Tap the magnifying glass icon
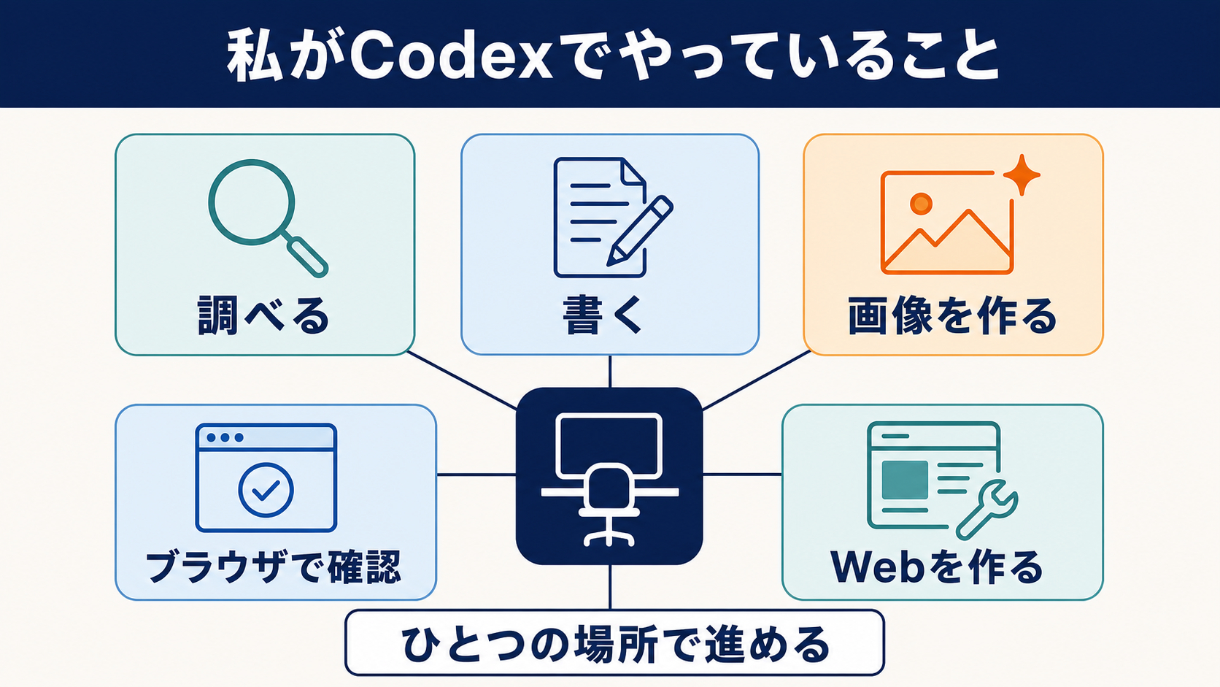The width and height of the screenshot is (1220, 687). [x=252, y=202]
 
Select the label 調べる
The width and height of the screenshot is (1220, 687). [x=263, y=315]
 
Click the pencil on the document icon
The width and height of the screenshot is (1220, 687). [x=640, y=231]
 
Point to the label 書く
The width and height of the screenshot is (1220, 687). [x=603, y=315]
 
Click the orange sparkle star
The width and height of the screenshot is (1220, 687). [x=1022, y=175]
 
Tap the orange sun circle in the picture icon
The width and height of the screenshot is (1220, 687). [x=921, y=204]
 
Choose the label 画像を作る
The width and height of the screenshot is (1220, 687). [x=953, y=315]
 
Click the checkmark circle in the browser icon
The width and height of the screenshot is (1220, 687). [x=266, y=491]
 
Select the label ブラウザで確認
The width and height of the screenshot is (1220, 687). [x=274, y=567]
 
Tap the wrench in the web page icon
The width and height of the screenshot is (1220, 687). [x=987, y=510]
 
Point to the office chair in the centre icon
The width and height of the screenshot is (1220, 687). [x=609, y=504]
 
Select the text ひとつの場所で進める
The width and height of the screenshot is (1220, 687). [x=615, y=644]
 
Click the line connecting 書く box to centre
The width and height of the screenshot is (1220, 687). [x=609, y=372]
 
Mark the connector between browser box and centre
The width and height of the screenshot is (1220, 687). [x=476, y=475]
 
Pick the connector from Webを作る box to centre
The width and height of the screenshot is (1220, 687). [x=742, y=475]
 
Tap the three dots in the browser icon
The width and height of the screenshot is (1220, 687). [x=225, y=437]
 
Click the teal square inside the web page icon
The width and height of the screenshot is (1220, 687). [x=905, y=480]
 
